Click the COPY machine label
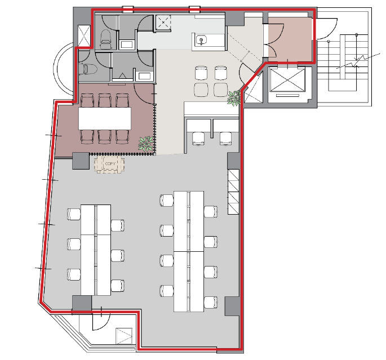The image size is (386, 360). pos(110,163)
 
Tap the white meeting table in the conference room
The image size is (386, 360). pos(105,118)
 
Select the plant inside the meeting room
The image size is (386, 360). pos(146,144)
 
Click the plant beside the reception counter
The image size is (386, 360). pos(234,98)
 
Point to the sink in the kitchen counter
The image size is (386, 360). pos(201,40)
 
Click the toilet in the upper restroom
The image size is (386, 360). pos(105,39)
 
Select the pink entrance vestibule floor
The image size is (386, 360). pos(290,39)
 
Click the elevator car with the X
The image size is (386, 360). pos(287,80)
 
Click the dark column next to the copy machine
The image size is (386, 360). pos(81,161)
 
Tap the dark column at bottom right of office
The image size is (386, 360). pos(232,306)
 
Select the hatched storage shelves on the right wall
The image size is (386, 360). pos(233,192)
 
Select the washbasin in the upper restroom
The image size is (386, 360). pos(127,45)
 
